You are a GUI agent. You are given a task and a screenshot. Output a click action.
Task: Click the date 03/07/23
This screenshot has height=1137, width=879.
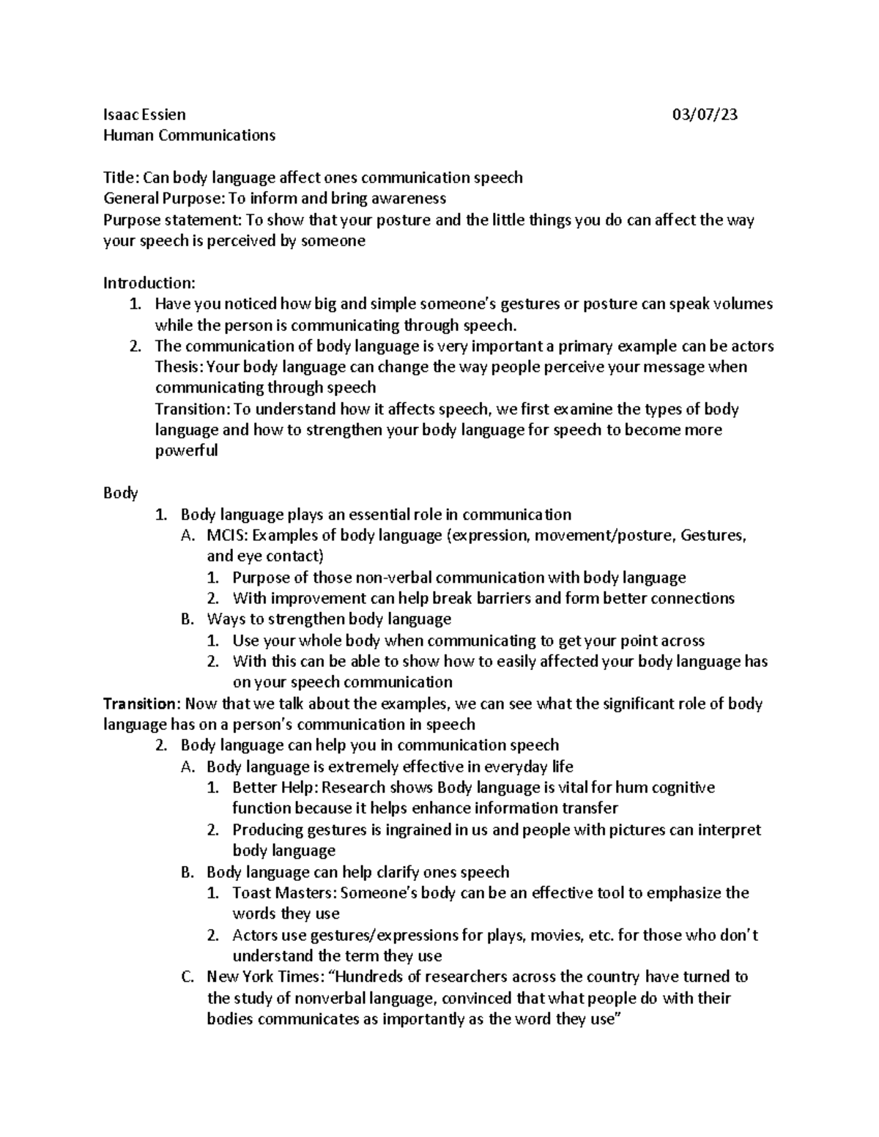pyautogui.click(x=705, y=114)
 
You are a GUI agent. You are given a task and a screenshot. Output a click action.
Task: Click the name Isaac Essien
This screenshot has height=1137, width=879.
pyautogui.click(x=144, y=114)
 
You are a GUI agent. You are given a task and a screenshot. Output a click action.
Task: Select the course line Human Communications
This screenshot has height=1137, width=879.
pyautogui.click(x=189, y=135)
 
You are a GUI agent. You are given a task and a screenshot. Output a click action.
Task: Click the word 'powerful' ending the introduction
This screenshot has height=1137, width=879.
pyautogui.click(x=186, y=451)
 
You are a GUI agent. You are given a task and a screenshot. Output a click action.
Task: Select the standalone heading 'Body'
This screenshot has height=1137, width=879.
pyautogui.click(x=120, y=493)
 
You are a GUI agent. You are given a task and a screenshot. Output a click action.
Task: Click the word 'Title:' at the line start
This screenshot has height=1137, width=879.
pyautogui.click(x=121, y=177)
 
